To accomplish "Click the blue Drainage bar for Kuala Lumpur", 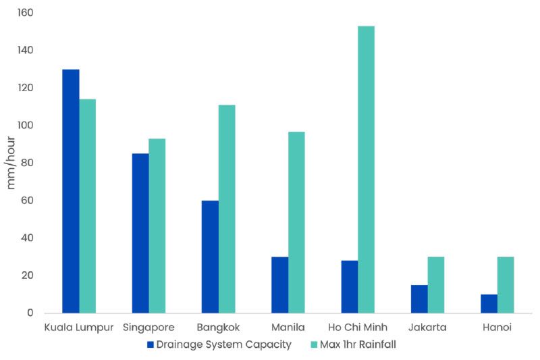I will [71, 191].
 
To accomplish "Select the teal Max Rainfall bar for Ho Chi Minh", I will [367, 170].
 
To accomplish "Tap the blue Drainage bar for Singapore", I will [140, 233].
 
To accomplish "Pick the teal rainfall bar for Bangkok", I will [227, 209].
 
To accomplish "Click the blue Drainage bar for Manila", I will [280, 284].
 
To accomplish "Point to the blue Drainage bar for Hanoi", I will [489, 303].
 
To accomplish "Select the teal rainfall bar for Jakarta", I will [436, 284].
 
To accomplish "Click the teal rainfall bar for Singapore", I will [157, 226].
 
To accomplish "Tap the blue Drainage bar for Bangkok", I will [210, 257].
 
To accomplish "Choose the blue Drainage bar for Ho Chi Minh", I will [350, 286].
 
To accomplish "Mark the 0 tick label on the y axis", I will [31, 313].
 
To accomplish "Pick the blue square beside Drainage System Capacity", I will [151, 344].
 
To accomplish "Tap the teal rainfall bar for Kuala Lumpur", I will [88, 206].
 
